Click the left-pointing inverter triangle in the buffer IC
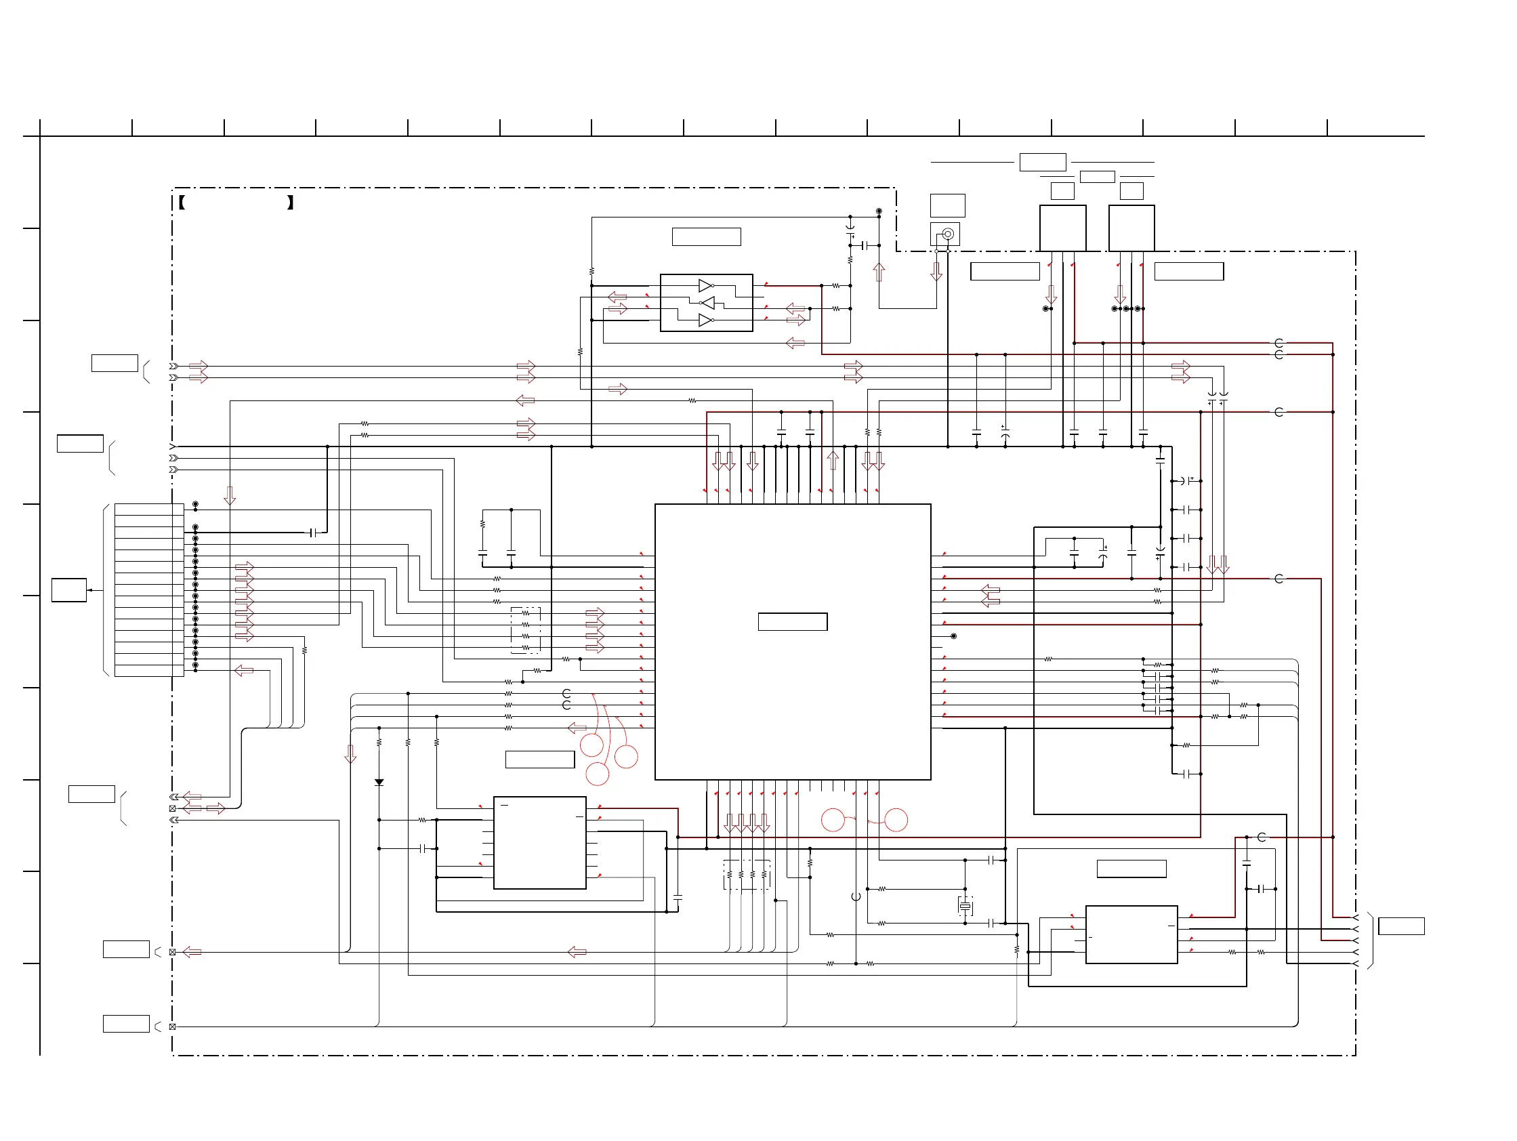[707, 302]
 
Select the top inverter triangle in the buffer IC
[705, 285]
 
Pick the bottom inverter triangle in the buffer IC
[705, 320]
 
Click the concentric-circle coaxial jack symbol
[948, 234]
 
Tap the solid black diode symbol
[379, 783]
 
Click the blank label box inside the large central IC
[792, 621]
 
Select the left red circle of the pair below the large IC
[833, 820]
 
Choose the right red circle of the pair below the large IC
[896, 820]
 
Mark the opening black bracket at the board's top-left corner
[182, 203]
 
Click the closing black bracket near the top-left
[291, 203]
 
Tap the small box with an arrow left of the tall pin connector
[69, 589]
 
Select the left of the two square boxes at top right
[1062, 228]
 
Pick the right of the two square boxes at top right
[1131, 228]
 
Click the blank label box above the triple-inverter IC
[707, 236]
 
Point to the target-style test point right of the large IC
[953, 636]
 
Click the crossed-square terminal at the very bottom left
[172, 1026]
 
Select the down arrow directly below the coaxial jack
[936, 272]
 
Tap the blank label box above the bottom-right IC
[1131, 869]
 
